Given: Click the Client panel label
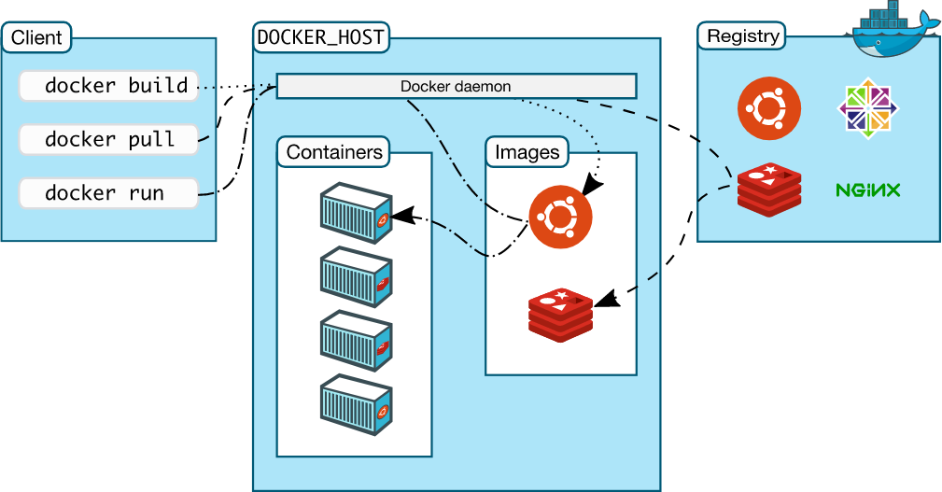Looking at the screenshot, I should coord(36,38).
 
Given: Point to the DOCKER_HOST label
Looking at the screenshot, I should coord(320,38).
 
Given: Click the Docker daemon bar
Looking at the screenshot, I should coord(456,87).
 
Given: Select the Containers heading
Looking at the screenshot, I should coord(334,152).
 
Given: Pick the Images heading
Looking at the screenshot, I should coord(527,152).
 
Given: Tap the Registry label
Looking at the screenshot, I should coord(742,36).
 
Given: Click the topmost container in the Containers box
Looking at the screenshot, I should coord(355,214).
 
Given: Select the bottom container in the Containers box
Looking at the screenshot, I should coord(355,403).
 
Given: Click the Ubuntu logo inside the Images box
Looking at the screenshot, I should coord(560,217).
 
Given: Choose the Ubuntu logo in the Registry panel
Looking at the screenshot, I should coord(769,109).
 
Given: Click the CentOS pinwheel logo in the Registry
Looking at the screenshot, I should coord(868,109).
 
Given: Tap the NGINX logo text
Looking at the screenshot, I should coord(868,190).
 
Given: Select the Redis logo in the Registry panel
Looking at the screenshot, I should coord(769,190).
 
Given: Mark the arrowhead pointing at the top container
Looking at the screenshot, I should coord(399,217).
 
